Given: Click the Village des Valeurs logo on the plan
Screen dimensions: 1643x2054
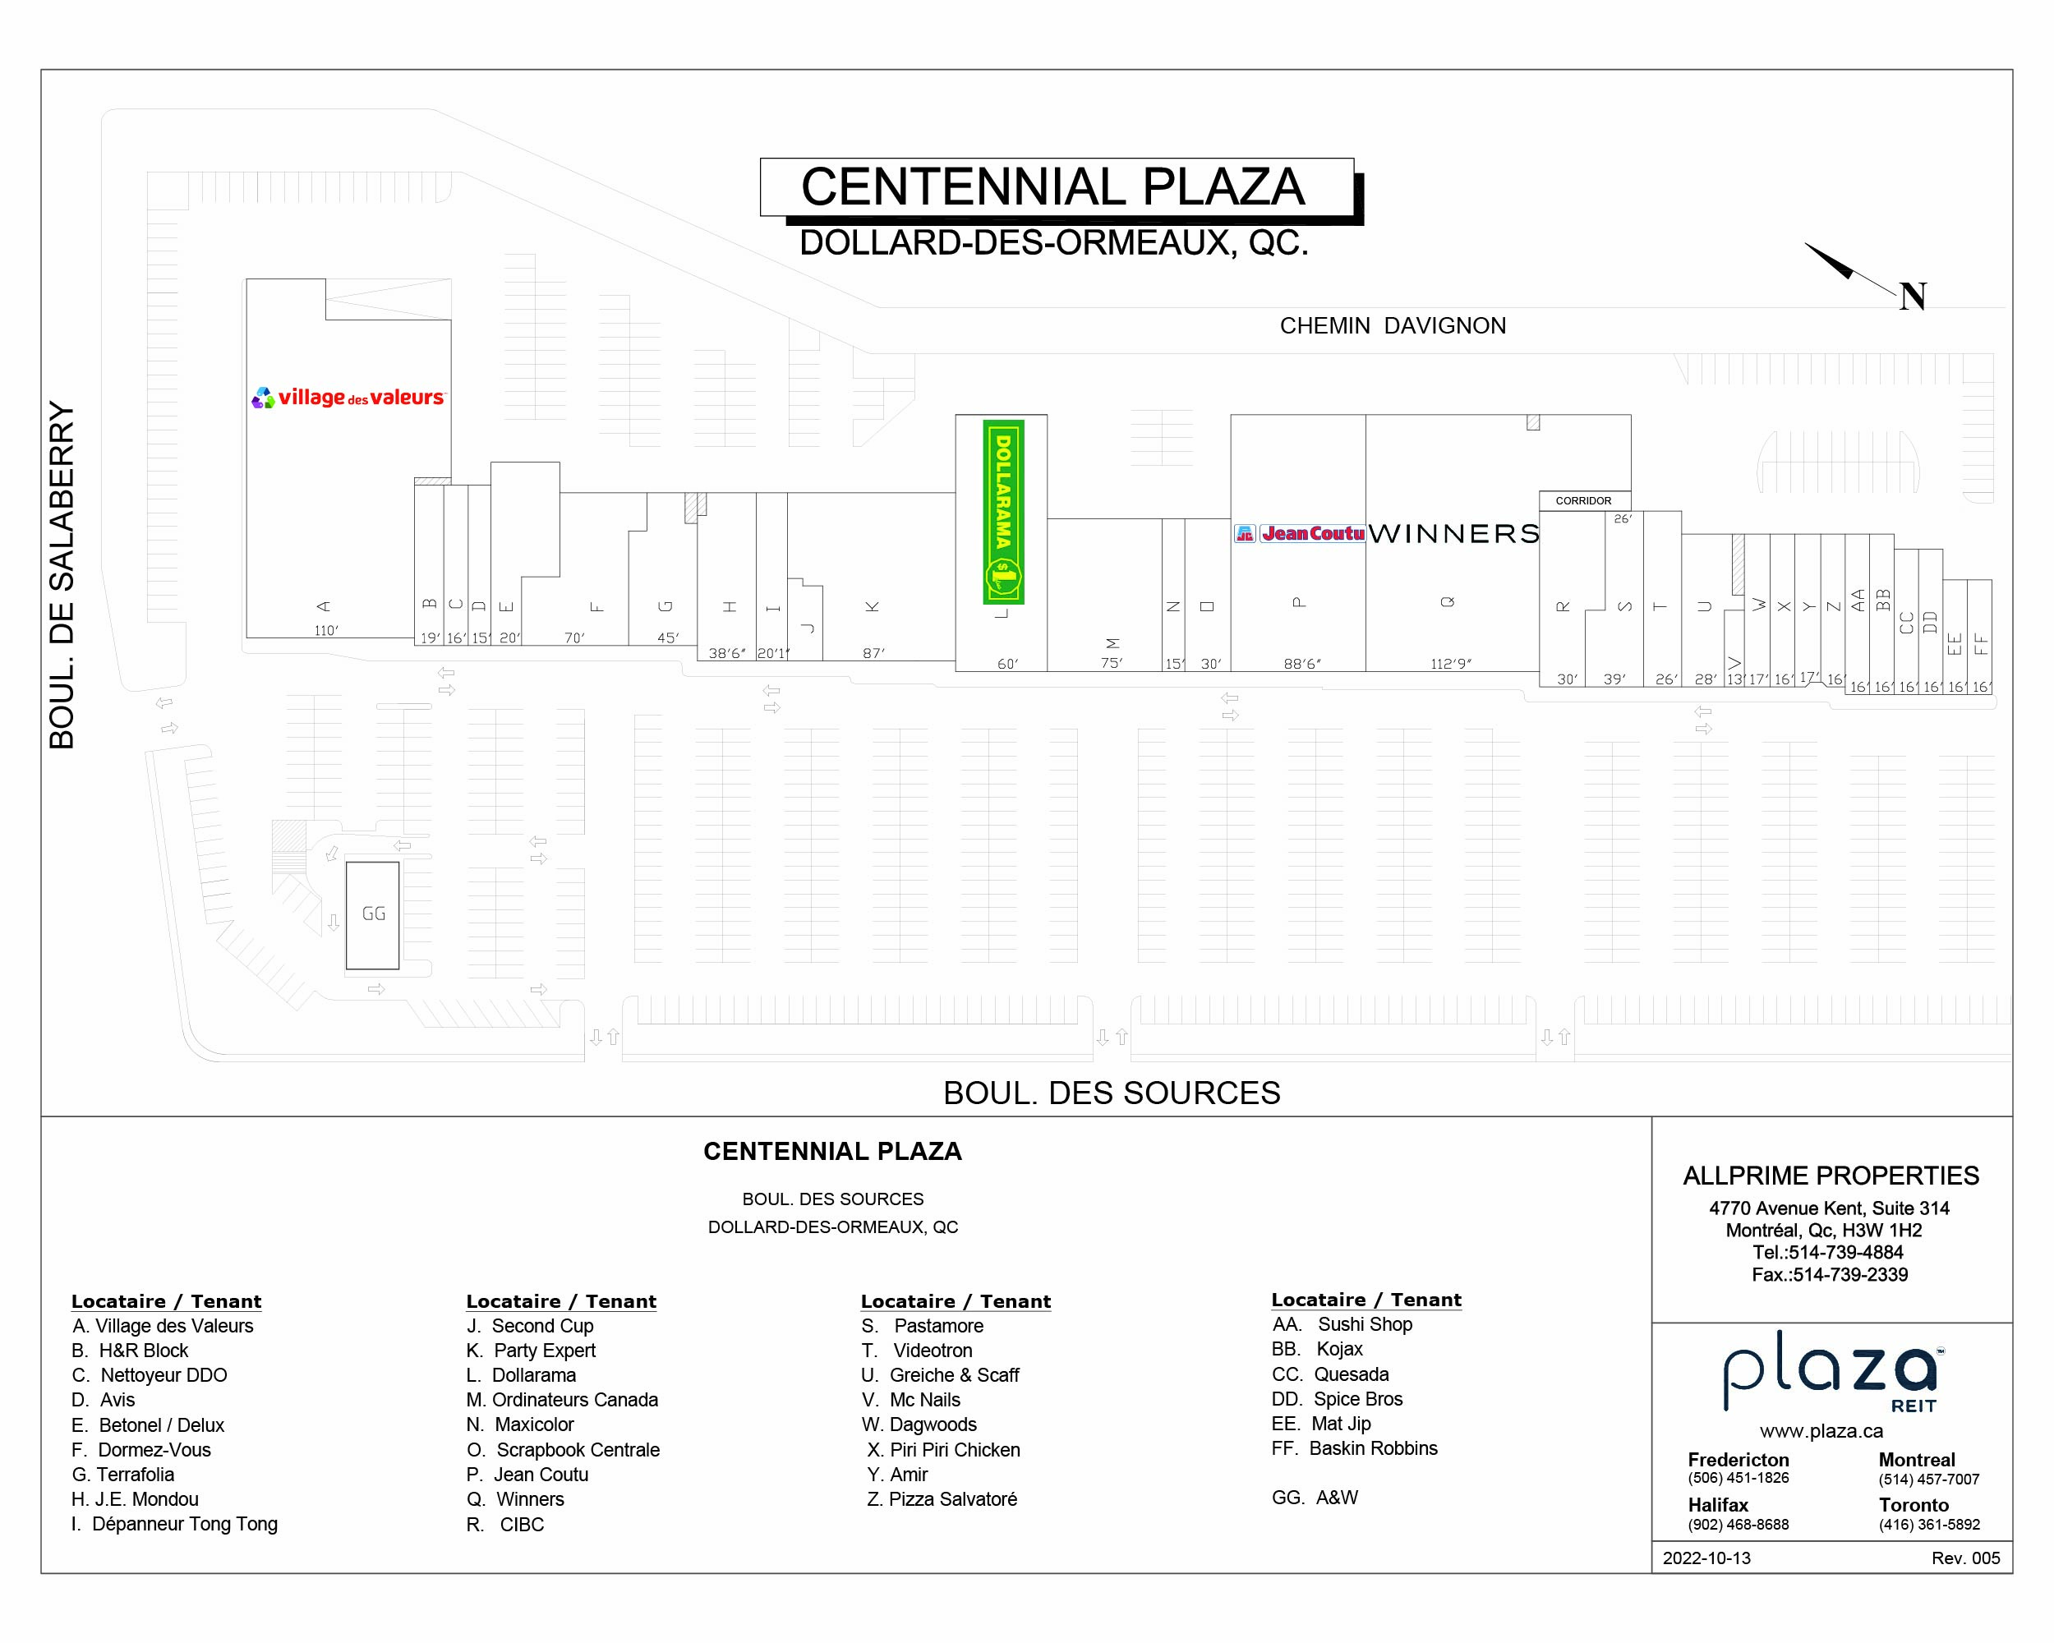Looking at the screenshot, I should [x=348, y=397].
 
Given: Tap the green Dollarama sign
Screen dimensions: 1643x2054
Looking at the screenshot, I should [x=1003, y=513].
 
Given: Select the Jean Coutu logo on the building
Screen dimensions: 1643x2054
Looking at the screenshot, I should [x=1300, y=533].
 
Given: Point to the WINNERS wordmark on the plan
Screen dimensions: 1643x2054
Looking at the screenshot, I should [x=1453, y=533].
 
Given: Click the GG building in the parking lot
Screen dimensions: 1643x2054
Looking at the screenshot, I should [x=372, y=914].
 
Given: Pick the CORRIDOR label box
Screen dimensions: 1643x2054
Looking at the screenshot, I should [x=1583, y=501].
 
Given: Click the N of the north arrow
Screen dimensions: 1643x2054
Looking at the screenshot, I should [x=1912, y=297].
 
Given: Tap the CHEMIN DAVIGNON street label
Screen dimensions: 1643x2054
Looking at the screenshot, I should [x=1393, y=326].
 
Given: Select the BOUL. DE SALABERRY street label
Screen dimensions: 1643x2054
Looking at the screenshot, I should [x=62, y=575].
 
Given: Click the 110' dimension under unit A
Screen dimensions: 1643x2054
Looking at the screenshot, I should [x=327, y=631].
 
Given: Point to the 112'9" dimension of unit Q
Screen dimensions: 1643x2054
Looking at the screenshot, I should [x=1450, y=664].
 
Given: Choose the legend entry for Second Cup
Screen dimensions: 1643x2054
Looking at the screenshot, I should [x=531, y=1326].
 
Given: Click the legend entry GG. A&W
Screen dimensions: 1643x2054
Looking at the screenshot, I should [x=1315, y=1498].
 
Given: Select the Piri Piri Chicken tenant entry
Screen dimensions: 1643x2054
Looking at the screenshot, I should [x=943, y=1450].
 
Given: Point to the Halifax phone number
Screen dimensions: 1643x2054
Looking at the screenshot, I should [x=1738, y=1524].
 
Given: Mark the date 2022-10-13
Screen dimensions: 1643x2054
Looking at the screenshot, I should [x=1706, y=1558].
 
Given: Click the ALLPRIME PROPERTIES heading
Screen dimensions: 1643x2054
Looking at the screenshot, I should [x=1831, y=1176].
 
